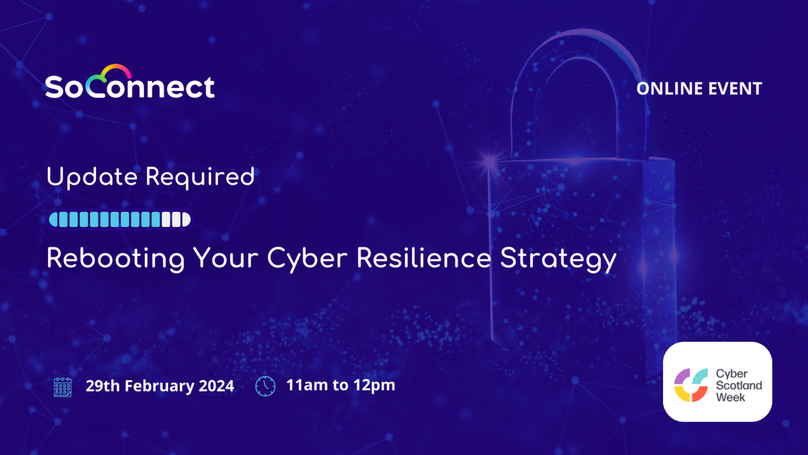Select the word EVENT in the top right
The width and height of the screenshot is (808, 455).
pyautogui.click(x=735, y=88)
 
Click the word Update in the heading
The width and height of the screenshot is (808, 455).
pyautogui.click(x=92, y=177)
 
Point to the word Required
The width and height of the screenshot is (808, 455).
pyautogui.click(x=200, y=177)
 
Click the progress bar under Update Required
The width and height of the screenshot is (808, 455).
pyautogui.click(x=120, y=219)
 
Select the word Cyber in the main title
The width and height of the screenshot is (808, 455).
pyautogui.click(x=307, y=258)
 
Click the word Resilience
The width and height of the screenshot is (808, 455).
pyautogui.click(x=423, y=258)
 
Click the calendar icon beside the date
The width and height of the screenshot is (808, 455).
pyautogui.click(x=63, y=387)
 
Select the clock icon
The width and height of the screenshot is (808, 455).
pyautogui.click(x=265, y=386)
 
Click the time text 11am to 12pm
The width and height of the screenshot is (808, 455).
pyautogui.click(x=340, y=385)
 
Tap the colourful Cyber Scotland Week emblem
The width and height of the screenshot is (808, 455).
pyautogui.click(x=691, y=385)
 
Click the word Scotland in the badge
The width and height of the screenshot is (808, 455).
pyautogui.click(x=739, y=385)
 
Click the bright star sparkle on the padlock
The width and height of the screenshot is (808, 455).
pyautogui.click(x=490, y=160)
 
